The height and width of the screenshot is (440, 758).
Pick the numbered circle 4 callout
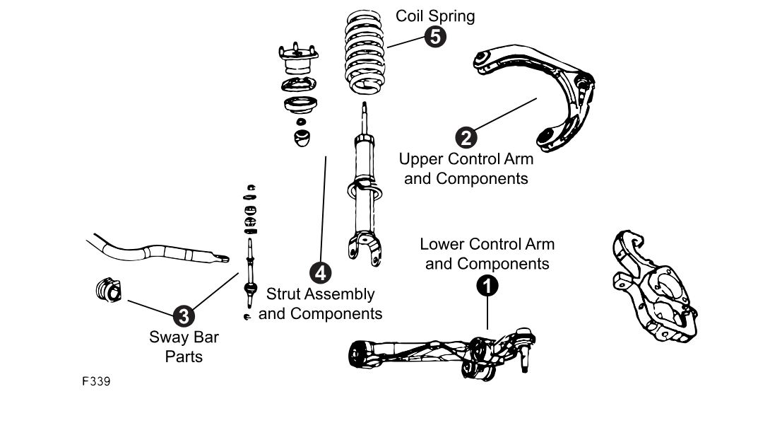pos(320,271)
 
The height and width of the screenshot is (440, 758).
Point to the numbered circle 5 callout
pos(436,37)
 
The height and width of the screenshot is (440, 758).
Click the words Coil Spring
pos(434,16)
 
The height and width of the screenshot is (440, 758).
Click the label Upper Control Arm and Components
pos(466,168)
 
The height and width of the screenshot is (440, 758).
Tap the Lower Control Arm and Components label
pos(487,254)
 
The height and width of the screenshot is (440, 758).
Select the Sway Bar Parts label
pos(184,347)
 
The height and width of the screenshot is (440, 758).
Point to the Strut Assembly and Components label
pos(320,303)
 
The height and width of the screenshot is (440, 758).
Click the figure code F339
pos(95,381)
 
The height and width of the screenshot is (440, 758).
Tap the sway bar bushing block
pos(107,291)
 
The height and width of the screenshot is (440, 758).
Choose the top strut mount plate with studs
pos(299,57)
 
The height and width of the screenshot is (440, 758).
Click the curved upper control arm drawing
pos(544,92)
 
